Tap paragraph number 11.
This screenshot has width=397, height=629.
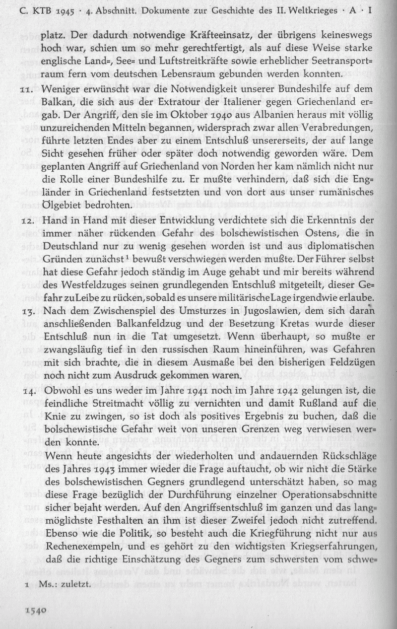pos(26,90)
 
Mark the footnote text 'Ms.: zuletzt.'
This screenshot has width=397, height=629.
pos(64,584)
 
